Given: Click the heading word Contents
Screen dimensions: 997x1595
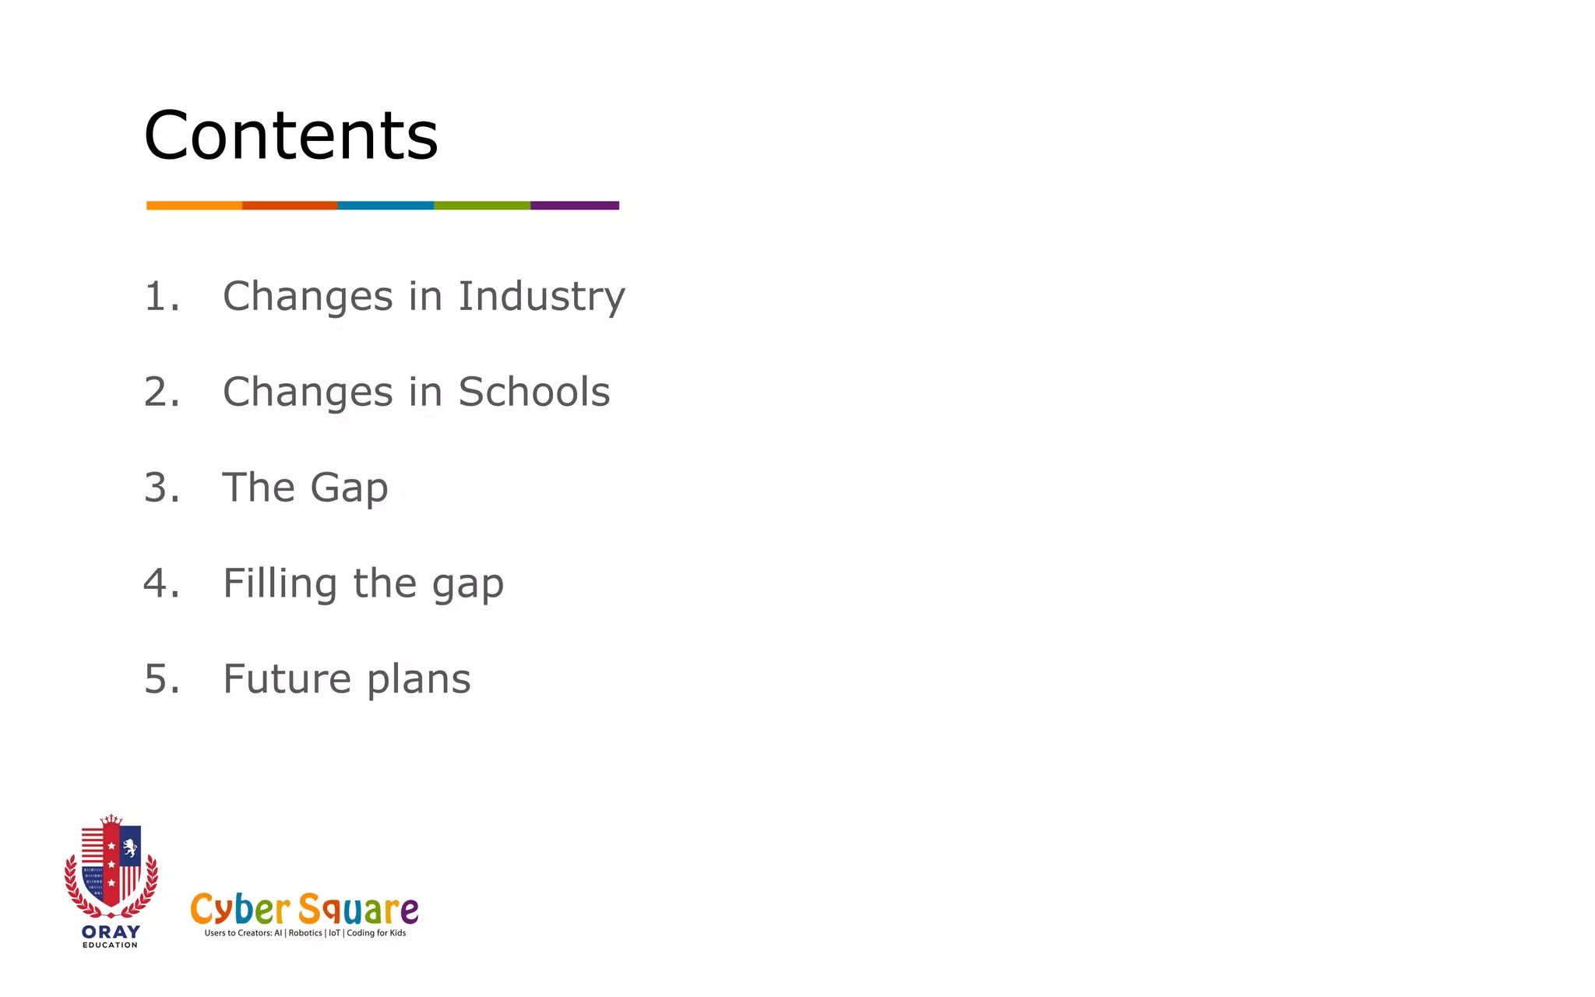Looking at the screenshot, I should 290,136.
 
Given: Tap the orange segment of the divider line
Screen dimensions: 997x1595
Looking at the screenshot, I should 194,206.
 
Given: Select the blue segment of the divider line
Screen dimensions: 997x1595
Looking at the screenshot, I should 386,206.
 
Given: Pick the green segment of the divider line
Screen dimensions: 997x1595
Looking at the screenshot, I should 482,206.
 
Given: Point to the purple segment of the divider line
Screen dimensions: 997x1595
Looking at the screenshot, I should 575,206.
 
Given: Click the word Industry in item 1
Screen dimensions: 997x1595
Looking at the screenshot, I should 541,297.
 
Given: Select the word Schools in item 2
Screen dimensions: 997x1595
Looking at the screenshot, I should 533,392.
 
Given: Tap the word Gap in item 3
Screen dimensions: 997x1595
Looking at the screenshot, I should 349,489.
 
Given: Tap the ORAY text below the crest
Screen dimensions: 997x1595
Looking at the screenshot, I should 111,932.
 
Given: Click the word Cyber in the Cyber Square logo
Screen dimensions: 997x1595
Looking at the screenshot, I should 240,910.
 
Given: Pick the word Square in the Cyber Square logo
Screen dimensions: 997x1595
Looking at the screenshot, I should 358,910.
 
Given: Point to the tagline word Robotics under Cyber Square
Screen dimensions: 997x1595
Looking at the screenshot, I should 305,933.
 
